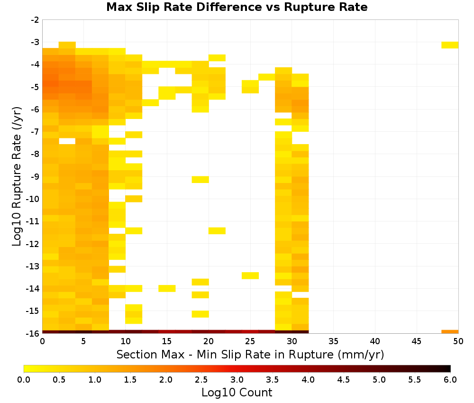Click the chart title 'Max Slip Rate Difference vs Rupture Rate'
pos(237,7)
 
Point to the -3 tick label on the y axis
pos(35,42)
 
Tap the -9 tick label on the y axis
pos(35,176)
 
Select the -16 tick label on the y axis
pos(33,333)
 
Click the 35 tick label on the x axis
pos(333,341)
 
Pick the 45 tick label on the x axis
pos(417,341)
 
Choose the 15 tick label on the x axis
pos(167,341)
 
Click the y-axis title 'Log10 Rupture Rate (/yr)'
pos(17,176)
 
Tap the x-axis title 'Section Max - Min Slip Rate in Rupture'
pos(225,355)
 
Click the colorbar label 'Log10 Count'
pos(237,393)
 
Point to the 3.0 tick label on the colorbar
pos(237,379)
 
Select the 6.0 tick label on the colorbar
pos(450,379)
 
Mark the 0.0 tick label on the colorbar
pos(24,379)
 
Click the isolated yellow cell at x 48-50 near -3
pos(450,45)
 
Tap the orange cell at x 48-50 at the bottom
pos(450,332)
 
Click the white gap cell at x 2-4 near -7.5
pos(67,141)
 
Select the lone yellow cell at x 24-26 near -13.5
pos(250,276)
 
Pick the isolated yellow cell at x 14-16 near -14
pos(167,288)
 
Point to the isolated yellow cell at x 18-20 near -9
pos(200,180)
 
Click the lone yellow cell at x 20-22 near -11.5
pos(217,231)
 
